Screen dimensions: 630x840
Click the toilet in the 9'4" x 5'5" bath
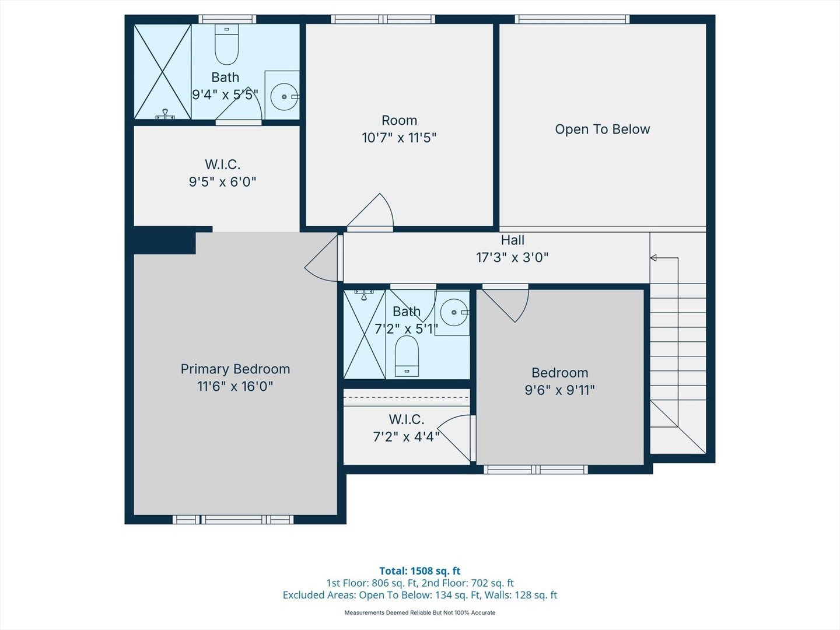(226, 44)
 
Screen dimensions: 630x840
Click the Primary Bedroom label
(235, 369)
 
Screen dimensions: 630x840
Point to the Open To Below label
(602, 129)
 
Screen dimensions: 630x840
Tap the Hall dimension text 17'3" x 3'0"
(512, 257)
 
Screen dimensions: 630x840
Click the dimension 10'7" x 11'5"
(399, 138)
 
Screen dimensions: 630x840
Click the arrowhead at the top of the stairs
(653, 258)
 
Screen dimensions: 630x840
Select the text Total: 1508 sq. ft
(419, 571)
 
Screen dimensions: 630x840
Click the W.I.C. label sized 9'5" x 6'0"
(222, 164)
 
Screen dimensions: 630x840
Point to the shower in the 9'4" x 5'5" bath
(163, 72)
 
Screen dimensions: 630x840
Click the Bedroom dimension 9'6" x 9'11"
(559, 390)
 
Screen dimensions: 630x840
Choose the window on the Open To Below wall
(572, 19)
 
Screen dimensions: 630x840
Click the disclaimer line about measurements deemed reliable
(419, 612)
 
